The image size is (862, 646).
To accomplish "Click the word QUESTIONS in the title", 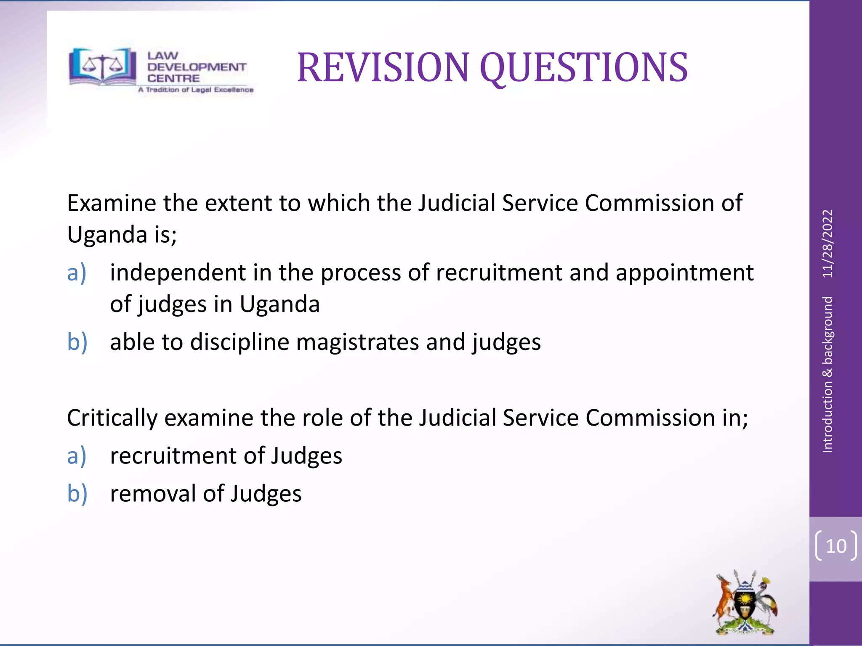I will pyautogui.click(x=583, y=68).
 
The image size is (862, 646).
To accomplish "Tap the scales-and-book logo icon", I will pyautogui.click(x=102, y=66).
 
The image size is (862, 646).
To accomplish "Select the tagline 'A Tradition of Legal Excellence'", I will pyautogui.click(x=196, y=90).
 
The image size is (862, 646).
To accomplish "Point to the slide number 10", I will pyautogui.click(x=836, y=546).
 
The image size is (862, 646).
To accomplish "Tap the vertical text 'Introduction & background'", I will pyautogui.click(x=827, y=374).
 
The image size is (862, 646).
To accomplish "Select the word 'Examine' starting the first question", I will pyautogui.click(x=112, y=203).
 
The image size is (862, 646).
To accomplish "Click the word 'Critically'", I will pyautogui.click(x=112, y=418).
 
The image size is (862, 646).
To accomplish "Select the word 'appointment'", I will pyautogui.click(x=684, y=273).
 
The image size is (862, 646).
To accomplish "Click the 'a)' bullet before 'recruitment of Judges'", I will pyautogui.click(x=77, y=456).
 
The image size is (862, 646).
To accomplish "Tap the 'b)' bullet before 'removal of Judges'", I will pyautogui.click(x=77, y=494).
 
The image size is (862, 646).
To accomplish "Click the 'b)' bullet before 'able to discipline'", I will pyautogui.click(x=77, y=342).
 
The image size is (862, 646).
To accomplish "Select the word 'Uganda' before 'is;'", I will pyautogui.click(x=107, y=235).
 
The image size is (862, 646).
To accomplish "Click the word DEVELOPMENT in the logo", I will pyautogui.click(x=197, y=67).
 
